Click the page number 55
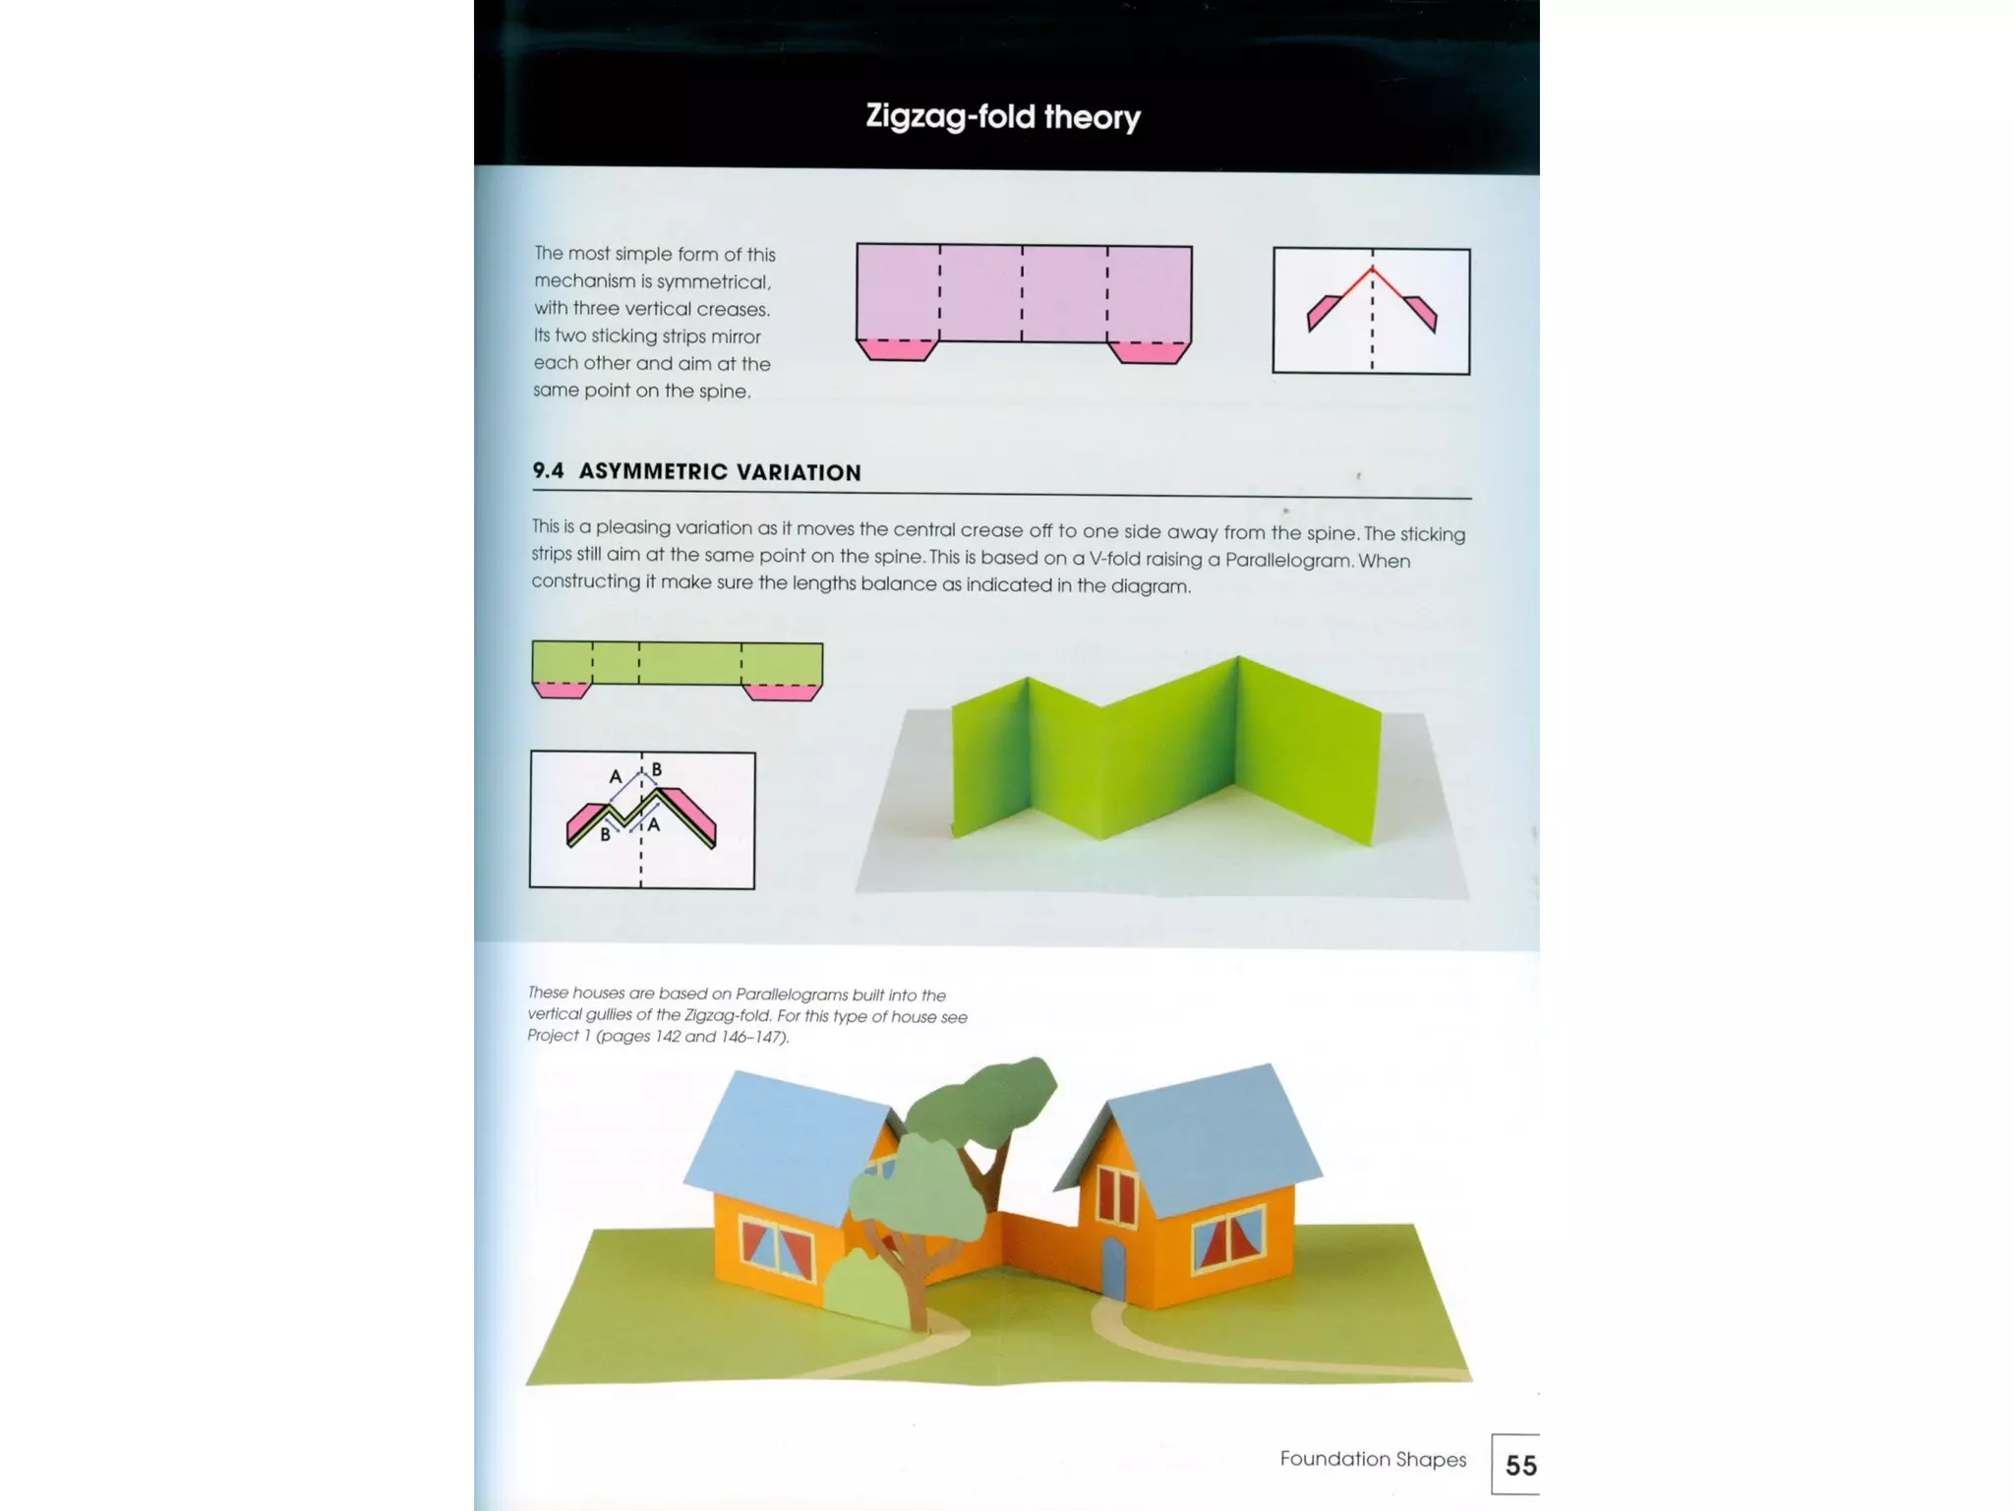[x=1520, y=1466]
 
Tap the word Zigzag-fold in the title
[x=950, y=117]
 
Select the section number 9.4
[x=548, y=470]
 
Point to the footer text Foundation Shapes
[x=1372, y=1459]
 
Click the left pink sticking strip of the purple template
[x=895, y=350]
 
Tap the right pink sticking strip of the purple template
[x=1150, y=353]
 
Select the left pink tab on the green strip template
[x=561, y=690]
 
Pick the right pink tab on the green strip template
[x=783, y=693]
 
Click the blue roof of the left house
[x=787, y=1146]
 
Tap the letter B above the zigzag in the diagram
[x=656, y=769]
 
